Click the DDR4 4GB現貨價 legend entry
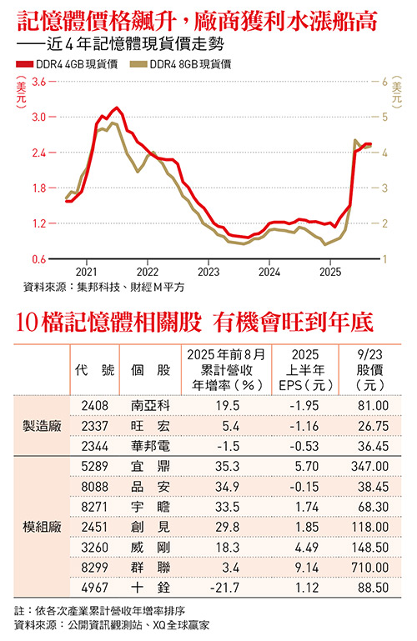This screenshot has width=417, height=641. click(x=71, y=63)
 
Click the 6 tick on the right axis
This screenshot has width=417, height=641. click(x=384, y=82)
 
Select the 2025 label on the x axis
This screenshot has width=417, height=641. click(x=330, y=273)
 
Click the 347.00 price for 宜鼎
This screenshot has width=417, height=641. click(x=373, y=467)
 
